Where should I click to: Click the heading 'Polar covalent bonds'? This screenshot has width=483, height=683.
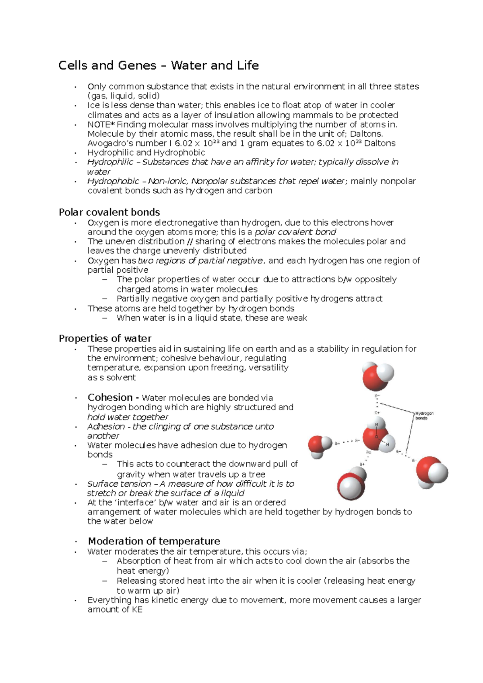pyautogui.click(x=109, y=212)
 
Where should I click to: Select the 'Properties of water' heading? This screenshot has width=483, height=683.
pyautogui.click(x=105, y=338)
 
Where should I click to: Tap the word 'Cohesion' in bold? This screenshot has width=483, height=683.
pyautogui.click(x=110, y=397)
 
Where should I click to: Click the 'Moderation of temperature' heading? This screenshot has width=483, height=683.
pyautogui.click(x=154, y=541)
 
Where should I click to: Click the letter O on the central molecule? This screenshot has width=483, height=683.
pyautogui.click(x=377, y=436)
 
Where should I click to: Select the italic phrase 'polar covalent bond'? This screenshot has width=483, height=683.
pyautogui.click(x=295, y=232)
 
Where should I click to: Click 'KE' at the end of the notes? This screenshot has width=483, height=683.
pyautogui.click(x=137, y=609)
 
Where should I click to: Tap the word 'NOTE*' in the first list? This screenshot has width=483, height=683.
pyautogui.click(x=101, y=125)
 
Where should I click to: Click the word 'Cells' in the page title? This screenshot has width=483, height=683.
pyautogui.click(x=73, y=66)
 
